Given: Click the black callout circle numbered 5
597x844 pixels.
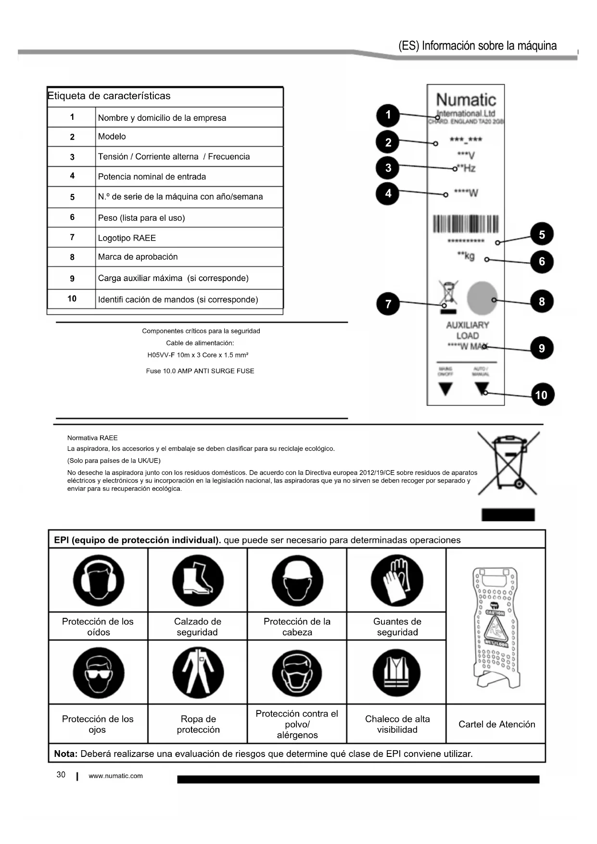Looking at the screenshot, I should pos(542,234).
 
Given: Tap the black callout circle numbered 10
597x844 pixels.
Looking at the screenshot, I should pos(542,395).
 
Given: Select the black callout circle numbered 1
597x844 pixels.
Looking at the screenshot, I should pos(388,115).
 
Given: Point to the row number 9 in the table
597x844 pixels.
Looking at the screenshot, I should pos(72,279).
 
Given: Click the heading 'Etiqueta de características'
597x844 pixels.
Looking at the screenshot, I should pos(109,96).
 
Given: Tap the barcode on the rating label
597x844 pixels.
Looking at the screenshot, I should pos(466,224).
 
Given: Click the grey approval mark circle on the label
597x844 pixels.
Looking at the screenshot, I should pos(482,297).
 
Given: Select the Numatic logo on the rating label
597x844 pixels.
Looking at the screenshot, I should pos(466,100).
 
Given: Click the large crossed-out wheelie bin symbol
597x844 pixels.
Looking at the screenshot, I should pos(508,462).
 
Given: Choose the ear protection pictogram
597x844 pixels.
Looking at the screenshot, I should pos(99,580).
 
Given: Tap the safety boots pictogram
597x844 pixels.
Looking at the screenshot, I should pos(198,580).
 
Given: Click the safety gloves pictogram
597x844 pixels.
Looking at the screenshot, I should pos(397,580).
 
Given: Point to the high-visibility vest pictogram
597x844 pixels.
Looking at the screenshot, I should pos(397,673).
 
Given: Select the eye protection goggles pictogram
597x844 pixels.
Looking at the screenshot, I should pos(99,673).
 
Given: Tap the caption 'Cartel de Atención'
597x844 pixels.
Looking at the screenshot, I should pos(496,724).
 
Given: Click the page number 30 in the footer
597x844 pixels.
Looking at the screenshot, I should pos(61,775).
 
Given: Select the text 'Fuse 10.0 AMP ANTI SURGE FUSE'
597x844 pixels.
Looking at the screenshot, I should pos(200,371).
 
